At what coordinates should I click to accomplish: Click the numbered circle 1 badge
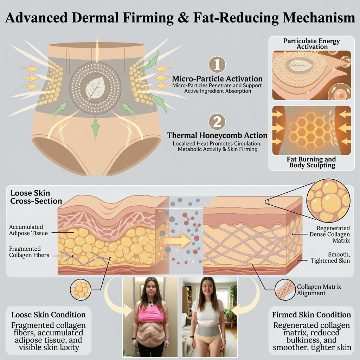coord(217,65)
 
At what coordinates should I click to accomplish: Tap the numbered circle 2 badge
coord(217,122)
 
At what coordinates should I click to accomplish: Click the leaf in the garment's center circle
coord(95,88)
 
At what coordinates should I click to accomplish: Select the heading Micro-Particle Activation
coord(217,79)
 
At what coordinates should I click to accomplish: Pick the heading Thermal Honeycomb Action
coord(217,135)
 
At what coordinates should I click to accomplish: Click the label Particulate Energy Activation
coord(311,44)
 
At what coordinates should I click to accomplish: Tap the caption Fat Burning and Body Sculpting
coord(311,162)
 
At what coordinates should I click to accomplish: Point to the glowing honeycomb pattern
coord(310,130)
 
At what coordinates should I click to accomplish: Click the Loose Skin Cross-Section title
coord(36,197)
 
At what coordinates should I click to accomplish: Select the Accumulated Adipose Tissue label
coord(28,230)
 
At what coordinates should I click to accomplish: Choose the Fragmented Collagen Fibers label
coord(29,252)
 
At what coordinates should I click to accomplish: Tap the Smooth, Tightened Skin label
coord(330,258)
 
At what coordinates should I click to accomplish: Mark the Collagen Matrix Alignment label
coord(319,290)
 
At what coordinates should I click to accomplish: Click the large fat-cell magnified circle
coord(329,200)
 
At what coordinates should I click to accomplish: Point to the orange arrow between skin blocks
coord(178,241)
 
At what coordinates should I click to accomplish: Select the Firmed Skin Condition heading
coord(311,315)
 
